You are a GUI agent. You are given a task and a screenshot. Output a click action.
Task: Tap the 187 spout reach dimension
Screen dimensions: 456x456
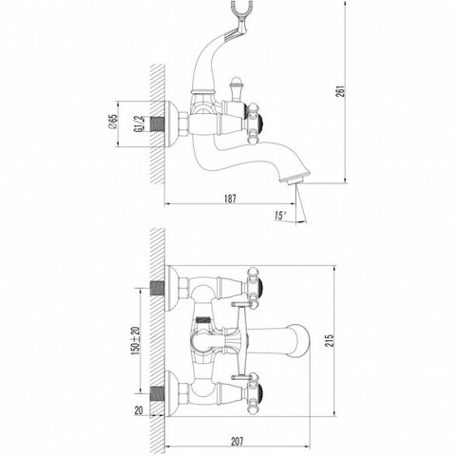click(x=230, y=199)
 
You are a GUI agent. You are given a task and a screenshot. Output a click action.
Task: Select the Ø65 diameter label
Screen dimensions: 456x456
click(x=113, y=122)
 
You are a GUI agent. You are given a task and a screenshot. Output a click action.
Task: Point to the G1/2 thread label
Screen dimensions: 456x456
click(x=138, y=124)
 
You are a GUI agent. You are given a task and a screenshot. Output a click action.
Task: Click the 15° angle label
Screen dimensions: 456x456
click(x=280, y=216)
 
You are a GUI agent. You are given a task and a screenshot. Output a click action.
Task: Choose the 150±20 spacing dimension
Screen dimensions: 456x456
click(x=136, y=341)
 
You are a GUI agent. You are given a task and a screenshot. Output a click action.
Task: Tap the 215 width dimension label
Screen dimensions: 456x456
click(x=331, y=340)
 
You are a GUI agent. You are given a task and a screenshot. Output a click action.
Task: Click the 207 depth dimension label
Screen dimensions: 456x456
click(x=237, y=442)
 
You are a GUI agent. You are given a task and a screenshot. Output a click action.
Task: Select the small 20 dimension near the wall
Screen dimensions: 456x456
click(x=139, y=410)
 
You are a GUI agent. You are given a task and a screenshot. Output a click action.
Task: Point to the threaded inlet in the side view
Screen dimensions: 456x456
click(x=158, y=123)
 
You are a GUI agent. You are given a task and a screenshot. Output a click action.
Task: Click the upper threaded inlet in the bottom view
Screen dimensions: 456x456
click(x=158, y=288)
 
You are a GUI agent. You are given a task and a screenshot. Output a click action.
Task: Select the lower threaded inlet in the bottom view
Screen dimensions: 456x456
click(x=158, y=393)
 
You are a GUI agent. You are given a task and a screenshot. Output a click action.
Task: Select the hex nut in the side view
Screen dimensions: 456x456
click(x=184, y=124)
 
